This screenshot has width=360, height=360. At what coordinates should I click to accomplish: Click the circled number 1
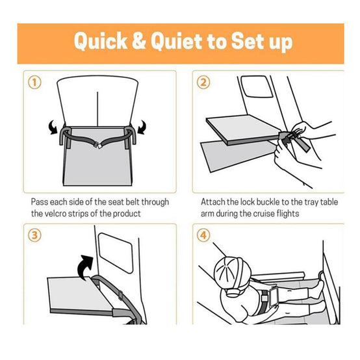(x=34, y=83)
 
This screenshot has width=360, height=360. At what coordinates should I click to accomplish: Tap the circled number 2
(x=203, y=83)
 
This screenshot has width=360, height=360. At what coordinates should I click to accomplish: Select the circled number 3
(x=34, y=235)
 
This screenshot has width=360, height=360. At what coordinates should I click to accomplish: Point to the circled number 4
(x=203, y=235)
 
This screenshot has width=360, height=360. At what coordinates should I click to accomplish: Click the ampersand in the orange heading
(x=139, y=41)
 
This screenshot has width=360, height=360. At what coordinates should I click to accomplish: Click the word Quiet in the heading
(x=176, y=41)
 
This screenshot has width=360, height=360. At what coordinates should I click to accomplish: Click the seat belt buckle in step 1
(x=99, y=145)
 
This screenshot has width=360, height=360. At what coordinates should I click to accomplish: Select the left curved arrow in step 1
(x=53, y=127)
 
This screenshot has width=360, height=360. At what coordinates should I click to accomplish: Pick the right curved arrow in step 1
(x=142, y=127)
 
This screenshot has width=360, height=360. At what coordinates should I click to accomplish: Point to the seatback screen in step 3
(x=116, y=253)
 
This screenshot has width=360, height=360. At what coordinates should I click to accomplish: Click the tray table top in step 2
(x=244, y=128)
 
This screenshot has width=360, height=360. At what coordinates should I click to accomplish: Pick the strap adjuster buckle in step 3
(x=120, y=295)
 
